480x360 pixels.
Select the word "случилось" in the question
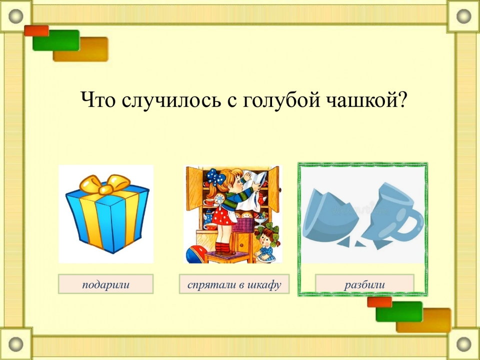(x=171, y=100)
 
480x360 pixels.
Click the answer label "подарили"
(x=105, y=284)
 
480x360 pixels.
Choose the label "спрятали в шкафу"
(x=234, y=284)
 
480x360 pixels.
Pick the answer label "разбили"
(x=364, y=284)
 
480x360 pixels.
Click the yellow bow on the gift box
(x=105, y=184)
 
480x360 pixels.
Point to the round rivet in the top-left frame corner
(x=15, y=15)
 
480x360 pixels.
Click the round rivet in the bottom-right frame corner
(x=464, y=344)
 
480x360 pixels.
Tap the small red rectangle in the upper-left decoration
(x=36, y=30)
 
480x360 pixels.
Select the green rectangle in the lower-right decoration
(x=399, y=311)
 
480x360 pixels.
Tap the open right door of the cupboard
(x=273, y=189)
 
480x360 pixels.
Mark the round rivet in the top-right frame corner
(x=464, y=15)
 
